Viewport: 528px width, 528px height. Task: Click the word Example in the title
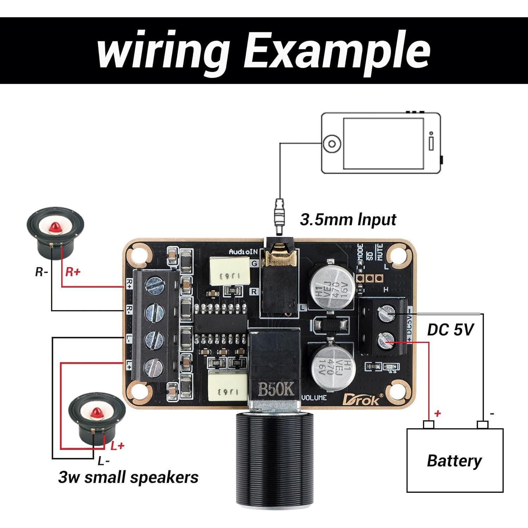pyautogui.click(x=336, y=50)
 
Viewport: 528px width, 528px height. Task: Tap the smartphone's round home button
pyautogui.click(x=332, y=144)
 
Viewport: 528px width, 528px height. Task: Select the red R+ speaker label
pyautogui.click(x=73, y=272)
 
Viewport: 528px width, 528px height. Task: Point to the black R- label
pyautogui.click(x=42, y=272)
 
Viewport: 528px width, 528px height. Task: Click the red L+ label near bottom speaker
pyautogui.click(x=117, y=446)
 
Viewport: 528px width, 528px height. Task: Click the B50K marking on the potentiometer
pyautogui.click(x=276, y=389)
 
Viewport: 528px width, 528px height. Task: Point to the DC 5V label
pyautogui.click(x=450, y=330)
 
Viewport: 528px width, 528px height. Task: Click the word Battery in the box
pyautogui.click(x=454, y=460)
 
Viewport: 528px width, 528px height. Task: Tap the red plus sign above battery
pyautogui.click(x=438, y=413)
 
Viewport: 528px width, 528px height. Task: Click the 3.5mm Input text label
pyautogui.click(x=348, y=220)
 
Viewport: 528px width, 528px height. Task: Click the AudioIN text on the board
pyautogui.click(x=243, y=252)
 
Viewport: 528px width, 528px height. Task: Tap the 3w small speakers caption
pyautogui.click(x=128, y=478)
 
